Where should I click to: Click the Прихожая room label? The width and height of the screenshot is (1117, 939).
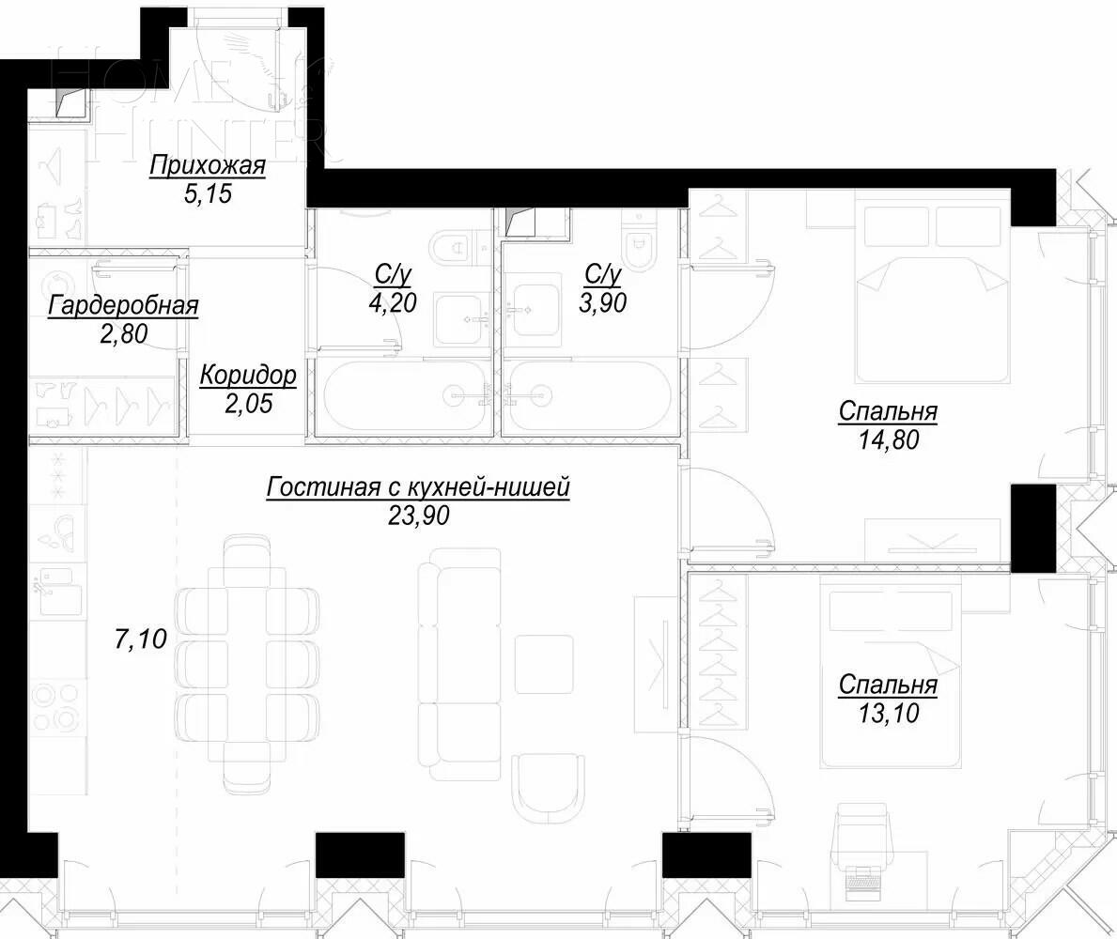click(x=208, y=166)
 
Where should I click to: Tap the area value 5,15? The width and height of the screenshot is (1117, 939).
click(x=208, y=194)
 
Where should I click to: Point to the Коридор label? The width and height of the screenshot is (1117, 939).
click(x=248, y=376)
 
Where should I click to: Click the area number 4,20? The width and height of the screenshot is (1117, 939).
click(x=394, y=301)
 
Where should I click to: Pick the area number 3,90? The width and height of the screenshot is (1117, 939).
click(x=604, y=301)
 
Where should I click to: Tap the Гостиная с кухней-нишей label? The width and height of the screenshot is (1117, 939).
click(x=418, y=488)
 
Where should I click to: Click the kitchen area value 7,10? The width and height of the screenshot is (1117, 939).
click(x=140, y=640)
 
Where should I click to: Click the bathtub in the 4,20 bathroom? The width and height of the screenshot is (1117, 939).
click(x=405, y=396)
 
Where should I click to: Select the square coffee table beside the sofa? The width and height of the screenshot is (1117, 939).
click(x=543, y=664)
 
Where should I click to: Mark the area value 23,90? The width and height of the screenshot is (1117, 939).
click(x=418, y=515)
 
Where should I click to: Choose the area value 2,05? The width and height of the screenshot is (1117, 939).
click(x=248, y=404)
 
